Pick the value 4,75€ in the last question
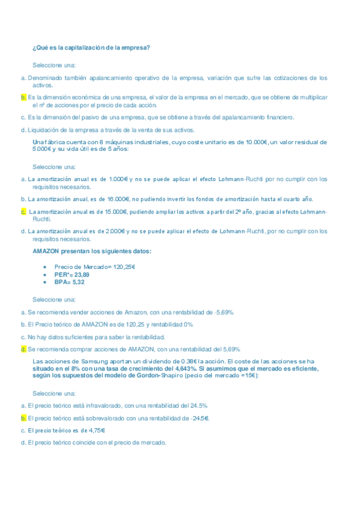coord(94,430)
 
